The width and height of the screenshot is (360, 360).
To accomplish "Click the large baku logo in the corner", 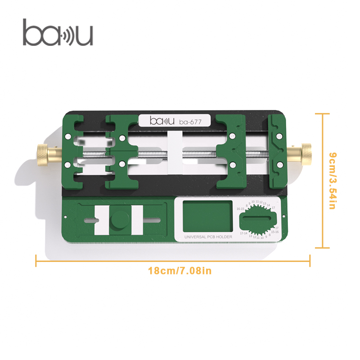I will coord(58,33).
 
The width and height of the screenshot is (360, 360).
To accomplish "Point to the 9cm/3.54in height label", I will coord(333,180).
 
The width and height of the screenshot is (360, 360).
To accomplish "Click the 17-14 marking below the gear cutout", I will coord(243,234).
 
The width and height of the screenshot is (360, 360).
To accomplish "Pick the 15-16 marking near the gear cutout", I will coord(274,232).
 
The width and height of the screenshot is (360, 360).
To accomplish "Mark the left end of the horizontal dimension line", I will coord(36,260).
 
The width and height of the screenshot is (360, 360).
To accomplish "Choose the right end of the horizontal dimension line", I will coord(310,260).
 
